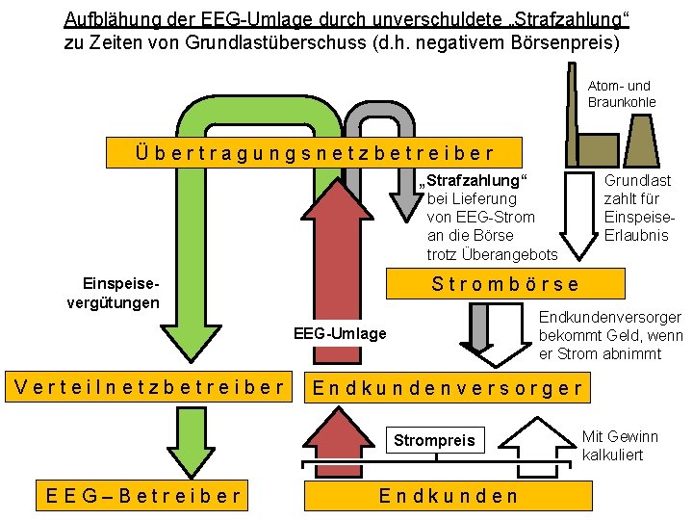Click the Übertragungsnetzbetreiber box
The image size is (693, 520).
click(314, 152)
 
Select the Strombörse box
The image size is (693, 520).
click(504, 284)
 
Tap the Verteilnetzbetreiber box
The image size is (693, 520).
click(148, 388)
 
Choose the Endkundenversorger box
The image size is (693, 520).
click(449, 388)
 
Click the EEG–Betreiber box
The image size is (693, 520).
click(143, 496)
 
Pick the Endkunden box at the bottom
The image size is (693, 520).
click(449, 496)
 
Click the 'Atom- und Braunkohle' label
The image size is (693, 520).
click(621, 94)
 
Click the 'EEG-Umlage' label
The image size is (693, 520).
click(339, 334)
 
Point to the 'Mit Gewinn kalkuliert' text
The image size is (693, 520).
click(621, 445)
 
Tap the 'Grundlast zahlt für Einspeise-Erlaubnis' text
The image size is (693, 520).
click(637, 208)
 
